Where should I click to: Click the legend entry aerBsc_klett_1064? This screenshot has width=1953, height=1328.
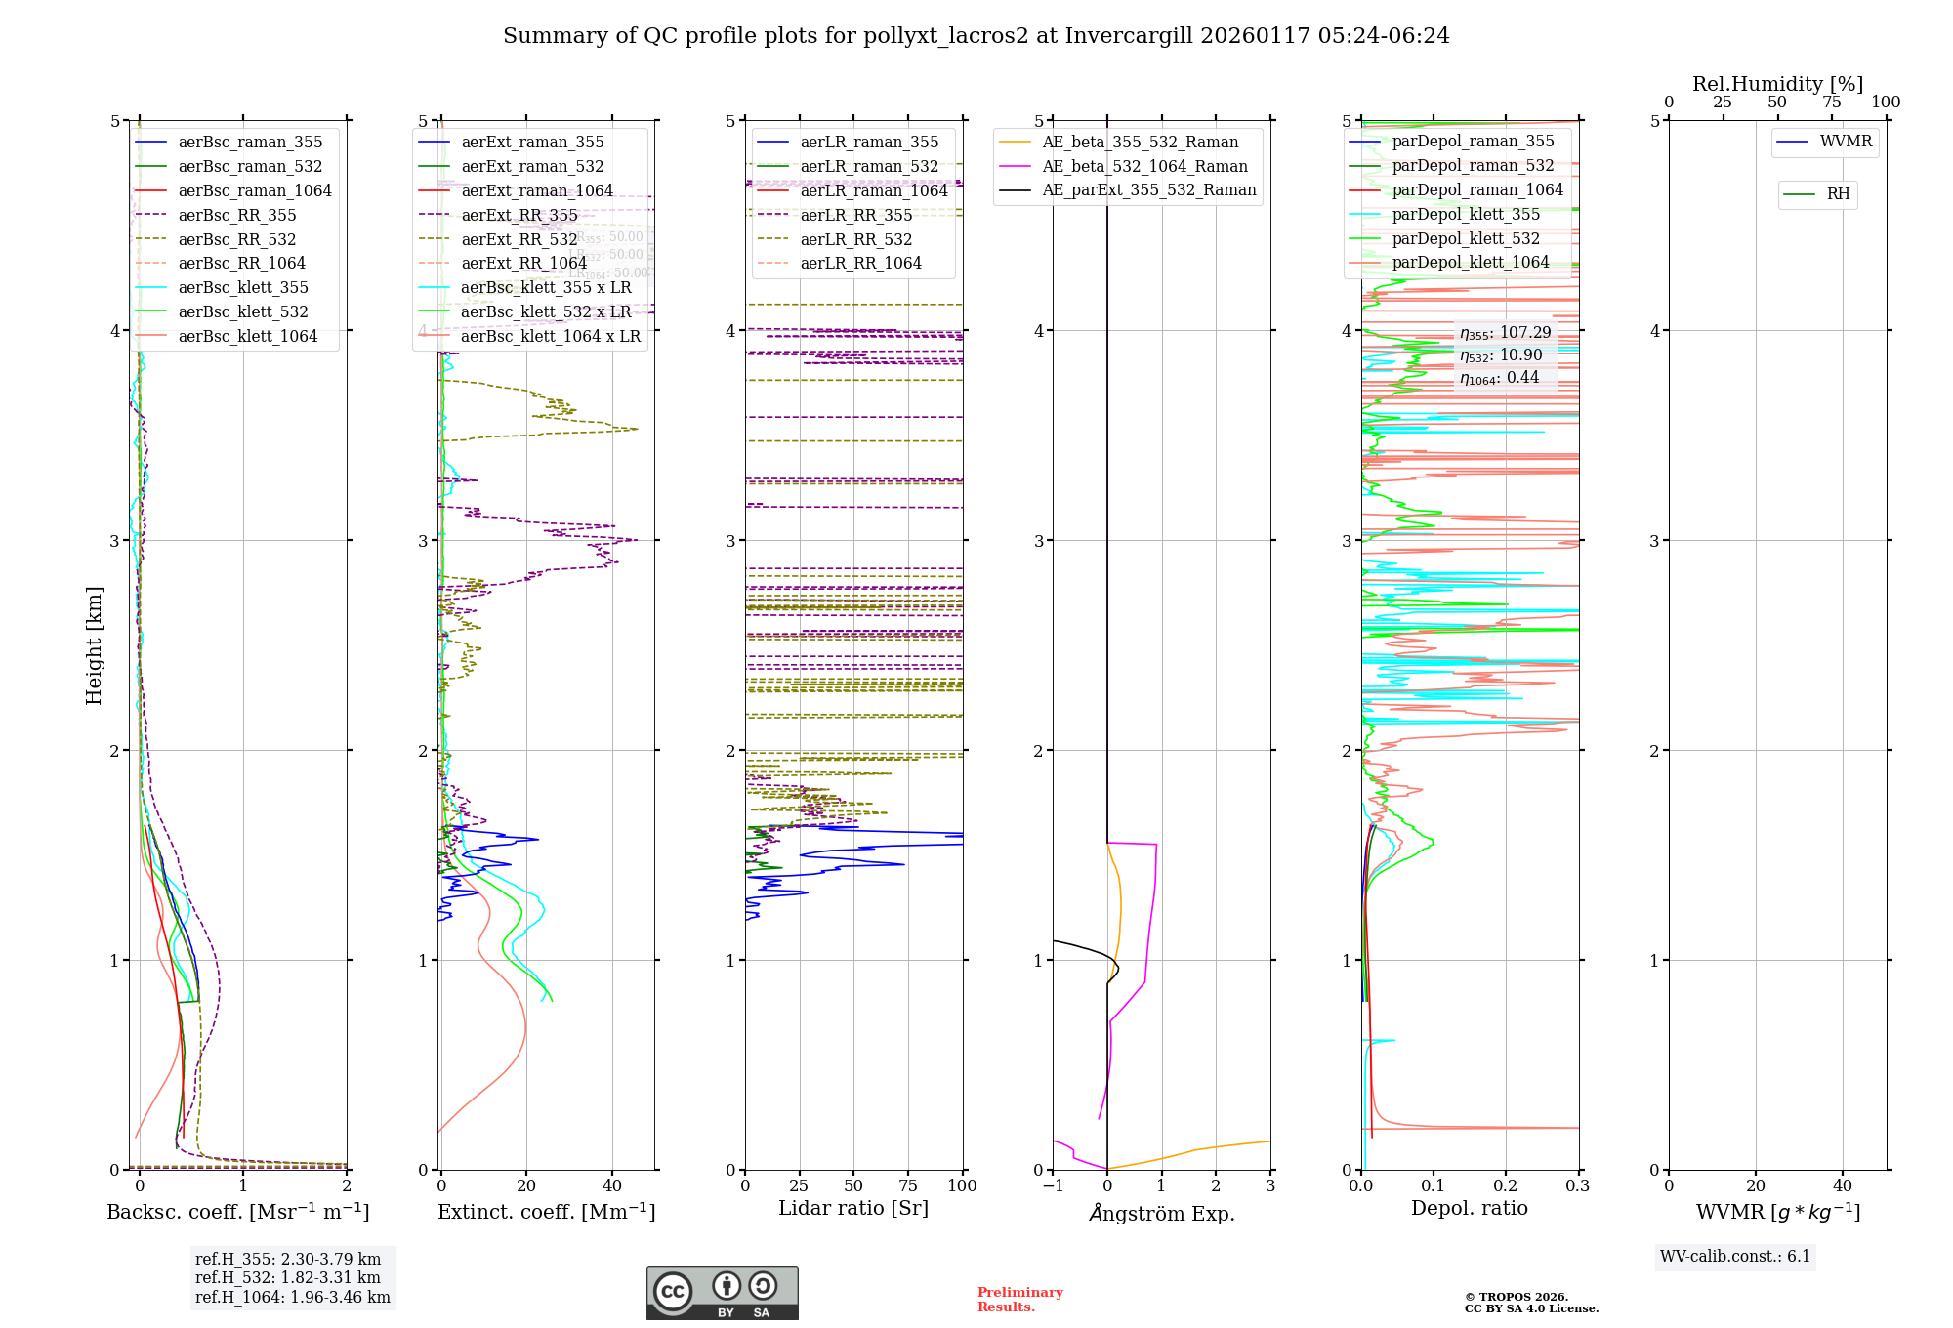247,336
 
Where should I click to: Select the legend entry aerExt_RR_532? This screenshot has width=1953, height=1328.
519,239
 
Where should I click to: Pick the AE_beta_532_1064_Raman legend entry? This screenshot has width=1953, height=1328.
1144,166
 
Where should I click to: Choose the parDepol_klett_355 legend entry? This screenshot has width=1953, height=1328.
1466,214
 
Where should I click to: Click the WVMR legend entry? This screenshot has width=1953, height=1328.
1846,142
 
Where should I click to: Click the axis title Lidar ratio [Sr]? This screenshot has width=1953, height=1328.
852,1208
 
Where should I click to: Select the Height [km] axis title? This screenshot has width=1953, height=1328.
94,645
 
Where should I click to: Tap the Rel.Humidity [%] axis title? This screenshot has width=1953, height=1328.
1777,84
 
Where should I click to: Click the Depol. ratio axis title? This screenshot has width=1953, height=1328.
1469,1208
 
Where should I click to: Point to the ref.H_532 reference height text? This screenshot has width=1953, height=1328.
287,1277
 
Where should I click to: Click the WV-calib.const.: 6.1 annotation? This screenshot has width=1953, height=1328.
1734,1257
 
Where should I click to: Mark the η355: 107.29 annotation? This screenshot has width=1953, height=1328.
1505,333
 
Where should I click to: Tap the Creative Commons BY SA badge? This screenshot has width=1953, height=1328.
722,1293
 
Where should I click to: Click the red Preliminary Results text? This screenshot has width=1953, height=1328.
1019,1300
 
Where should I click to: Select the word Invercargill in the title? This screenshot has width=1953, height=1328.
1129,36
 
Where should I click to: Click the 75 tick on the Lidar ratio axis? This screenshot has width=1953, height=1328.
908,1185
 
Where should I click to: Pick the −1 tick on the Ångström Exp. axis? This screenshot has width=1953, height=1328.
1053,1185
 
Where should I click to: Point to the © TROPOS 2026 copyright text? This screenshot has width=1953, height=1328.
1516,1297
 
